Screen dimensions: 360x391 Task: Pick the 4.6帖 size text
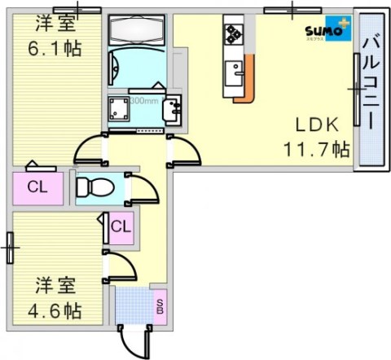57,310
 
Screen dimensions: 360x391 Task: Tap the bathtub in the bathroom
137,30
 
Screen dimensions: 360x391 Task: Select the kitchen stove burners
234,33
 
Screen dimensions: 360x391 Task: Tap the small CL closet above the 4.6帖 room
120,226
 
